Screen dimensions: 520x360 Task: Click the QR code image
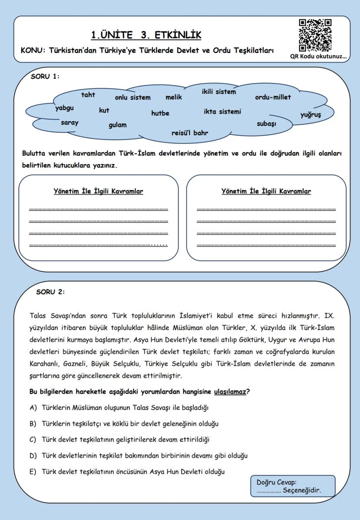315,35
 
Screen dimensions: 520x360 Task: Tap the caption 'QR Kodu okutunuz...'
319,57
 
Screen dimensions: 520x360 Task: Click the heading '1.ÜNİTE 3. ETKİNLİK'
146,35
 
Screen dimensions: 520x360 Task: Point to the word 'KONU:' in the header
33,50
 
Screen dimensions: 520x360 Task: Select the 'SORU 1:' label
45,76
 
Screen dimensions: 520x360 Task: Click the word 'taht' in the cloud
88,95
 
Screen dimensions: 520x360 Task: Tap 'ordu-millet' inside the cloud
273,97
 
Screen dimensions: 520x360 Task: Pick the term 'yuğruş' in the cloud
310,115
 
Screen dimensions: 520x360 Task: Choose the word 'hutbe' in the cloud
160,113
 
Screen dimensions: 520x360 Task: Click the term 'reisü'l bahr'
190,133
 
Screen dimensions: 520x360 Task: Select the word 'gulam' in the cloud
117,125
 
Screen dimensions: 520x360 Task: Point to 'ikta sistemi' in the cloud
222,111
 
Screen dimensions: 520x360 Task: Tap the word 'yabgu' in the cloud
64,108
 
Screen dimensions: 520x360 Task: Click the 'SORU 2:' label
50,291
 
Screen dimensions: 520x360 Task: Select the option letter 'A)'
33,408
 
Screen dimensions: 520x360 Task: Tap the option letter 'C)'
33,439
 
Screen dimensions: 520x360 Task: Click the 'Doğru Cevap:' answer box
293,486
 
